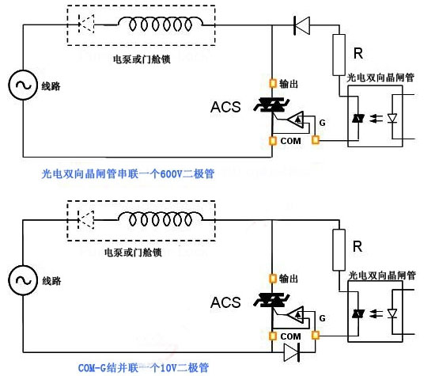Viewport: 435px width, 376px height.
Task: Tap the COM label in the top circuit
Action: (289, 140)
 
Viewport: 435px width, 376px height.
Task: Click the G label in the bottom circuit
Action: (322, 317)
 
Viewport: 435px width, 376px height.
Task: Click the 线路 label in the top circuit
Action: (51, 87)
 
